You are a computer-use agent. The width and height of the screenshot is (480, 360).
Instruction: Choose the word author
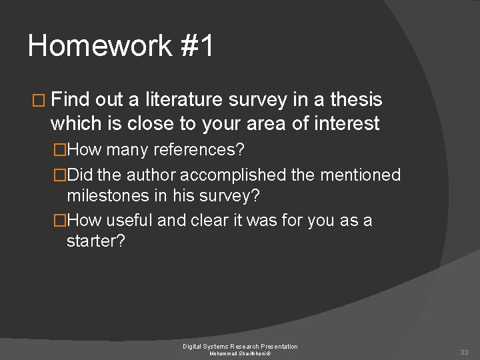152,175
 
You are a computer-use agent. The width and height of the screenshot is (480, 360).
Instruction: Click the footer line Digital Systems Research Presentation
241,346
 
